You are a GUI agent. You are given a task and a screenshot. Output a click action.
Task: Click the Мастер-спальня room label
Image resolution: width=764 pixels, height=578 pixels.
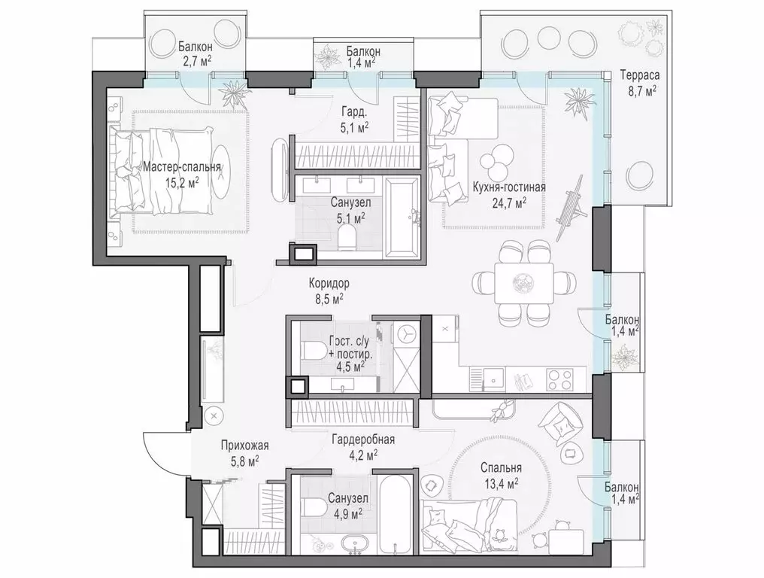[x=181, y=167]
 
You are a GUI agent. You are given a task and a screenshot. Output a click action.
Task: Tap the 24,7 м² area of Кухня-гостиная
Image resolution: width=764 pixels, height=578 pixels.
[x=509, y=202]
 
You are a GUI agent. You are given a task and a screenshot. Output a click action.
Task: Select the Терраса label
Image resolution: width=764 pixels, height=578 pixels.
[x=639, y=75]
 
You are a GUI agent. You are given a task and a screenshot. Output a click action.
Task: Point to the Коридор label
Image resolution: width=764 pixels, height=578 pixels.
[x=329, y=283]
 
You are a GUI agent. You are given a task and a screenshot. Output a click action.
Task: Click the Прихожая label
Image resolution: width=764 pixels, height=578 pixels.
[x=244, y=445]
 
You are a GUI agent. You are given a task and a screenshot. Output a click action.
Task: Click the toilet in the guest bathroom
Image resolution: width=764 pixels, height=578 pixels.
[x=314, y=349]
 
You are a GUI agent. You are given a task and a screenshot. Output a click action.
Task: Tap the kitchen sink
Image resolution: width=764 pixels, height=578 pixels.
[x=493, y=379]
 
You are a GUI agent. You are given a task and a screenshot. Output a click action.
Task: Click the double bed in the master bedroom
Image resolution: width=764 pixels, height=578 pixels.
[x=162, y=171]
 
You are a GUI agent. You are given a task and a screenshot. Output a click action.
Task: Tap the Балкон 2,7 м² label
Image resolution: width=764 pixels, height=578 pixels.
[x=195, y=53]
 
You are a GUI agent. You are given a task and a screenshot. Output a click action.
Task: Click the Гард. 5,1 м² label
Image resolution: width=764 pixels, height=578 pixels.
[x=353, y=120]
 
